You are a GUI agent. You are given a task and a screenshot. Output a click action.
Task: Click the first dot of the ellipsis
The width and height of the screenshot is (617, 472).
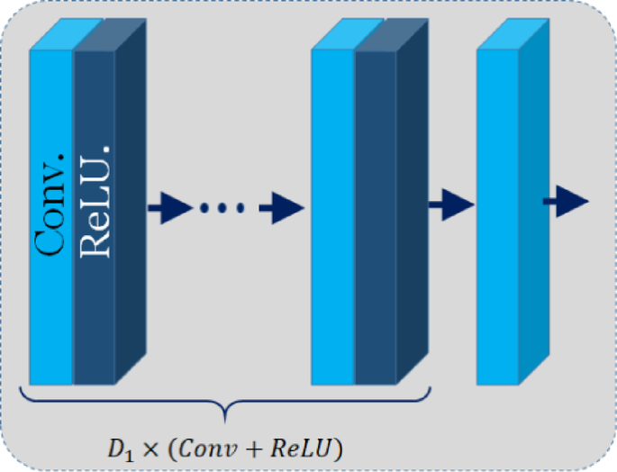tap(204, 209)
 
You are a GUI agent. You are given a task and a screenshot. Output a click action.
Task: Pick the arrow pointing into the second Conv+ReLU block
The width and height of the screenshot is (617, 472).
tap(281, 208)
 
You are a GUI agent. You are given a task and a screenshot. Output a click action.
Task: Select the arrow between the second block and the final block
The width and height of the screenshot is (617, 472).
tap(450, 204)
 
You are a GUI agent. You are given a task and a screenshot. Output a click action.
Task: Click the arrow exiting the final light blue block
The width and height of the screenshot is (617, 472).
tap(566, 203)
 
